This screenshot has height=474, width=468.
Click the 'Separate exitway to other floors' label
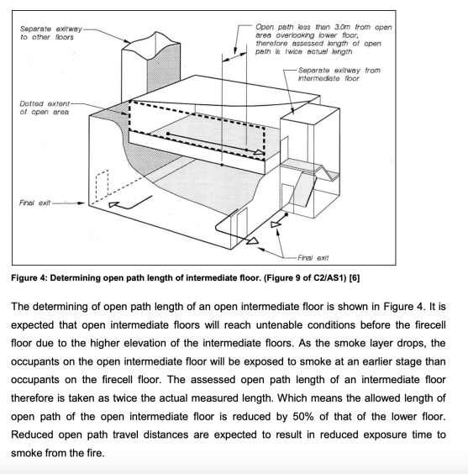point(50,33)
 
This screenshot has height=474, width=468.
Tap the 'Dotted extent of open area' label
point(45,108)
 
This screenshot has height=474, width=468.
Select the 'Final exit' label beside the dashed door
point(34,203)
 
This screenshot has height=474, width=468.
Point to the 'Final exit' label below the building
point(313,258)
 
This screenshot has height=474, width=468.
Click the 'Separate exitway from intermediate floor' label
point(339,74)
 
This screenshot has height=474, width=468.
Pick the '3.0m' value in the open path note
point(342,27)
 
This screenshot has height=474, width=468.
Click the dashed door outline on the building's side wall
point(102,186)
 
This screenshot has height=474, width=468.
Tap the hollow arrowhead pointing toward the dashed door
point(113,204)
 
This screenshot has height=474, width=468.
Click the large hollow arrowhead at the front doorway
point(253,240)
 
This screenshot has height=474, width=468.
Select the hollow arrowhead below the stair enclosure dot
point(276,224)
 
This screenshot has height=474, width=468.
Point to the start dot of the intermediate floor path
point(168,134)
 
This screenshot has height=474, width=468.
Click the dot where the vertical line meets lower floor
point(222,165)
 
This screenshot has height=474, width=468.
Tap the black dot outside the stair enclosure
point(287,214)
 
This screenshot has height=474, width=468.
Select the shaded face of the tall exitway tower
point(164,68)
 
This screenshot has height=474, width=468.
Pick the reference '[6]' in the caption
point(354,278)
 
